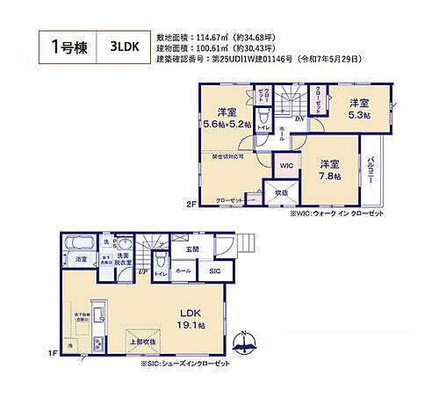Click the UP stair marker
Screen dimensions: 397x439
[x=143, y=272]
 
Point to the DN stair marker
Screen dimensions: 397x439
[x=299, y=119]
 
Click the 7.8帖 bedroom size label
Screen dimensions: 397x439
[x=330, y=169]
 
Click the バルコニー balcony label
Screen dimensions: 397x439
[x=372, y=167]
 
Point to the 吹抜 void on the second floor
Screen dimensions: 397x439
[x=282, y=192]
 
